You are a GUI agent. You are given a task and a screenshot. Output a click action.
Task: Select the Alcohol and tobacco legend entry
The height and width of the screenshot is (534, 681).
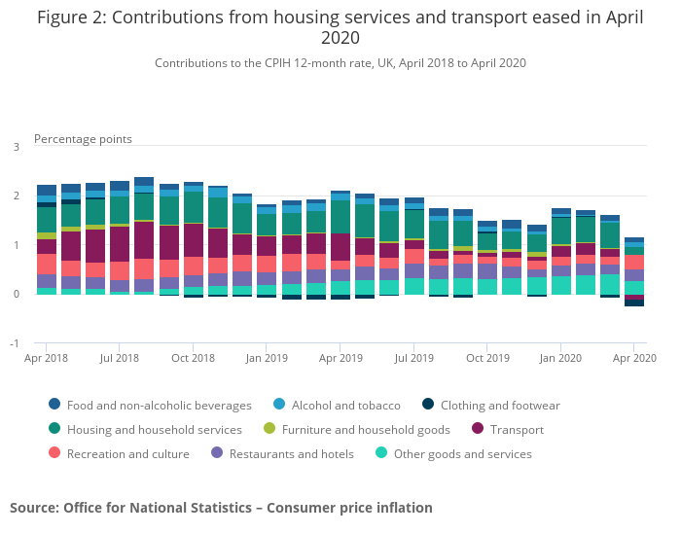(x=345, y=406)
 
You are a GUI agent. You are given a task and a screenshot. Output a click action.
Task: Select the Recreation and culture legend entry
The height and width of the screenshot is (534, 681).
(x=127, y=454)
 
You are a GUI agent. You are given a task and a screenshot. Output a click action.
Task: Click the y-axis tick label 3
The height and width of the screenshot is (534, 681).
(x=16, y=147)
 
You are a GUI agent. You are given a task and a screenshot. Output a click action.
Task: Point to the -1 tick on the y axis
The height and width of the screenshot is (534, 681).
(x=14, y=343)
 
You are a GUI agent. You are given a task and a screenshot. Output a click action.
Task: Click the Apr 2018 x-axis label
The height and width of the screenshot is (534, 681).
(x=46, y=359)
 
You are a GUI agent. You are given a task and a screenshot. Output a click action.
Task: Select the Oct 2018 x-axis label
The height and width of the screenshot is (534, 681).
(x=193, y=359)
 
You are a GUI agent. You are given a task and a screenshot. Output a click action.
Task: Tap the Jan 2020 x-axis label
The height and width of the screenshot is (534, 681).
(x=560, y=359)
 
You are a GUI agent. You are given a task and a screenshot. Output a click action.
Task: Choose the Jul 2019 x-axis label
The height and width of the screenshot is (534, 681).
(x=414, y=359)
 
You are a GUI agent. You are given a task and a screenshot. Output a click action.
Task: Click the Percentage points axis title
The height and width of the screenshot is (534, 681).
(x=83, y=139)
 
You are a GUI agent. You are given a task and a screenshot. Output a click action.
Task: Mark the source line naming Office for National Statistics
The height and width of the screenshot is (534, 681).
(x=221, y=508)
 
